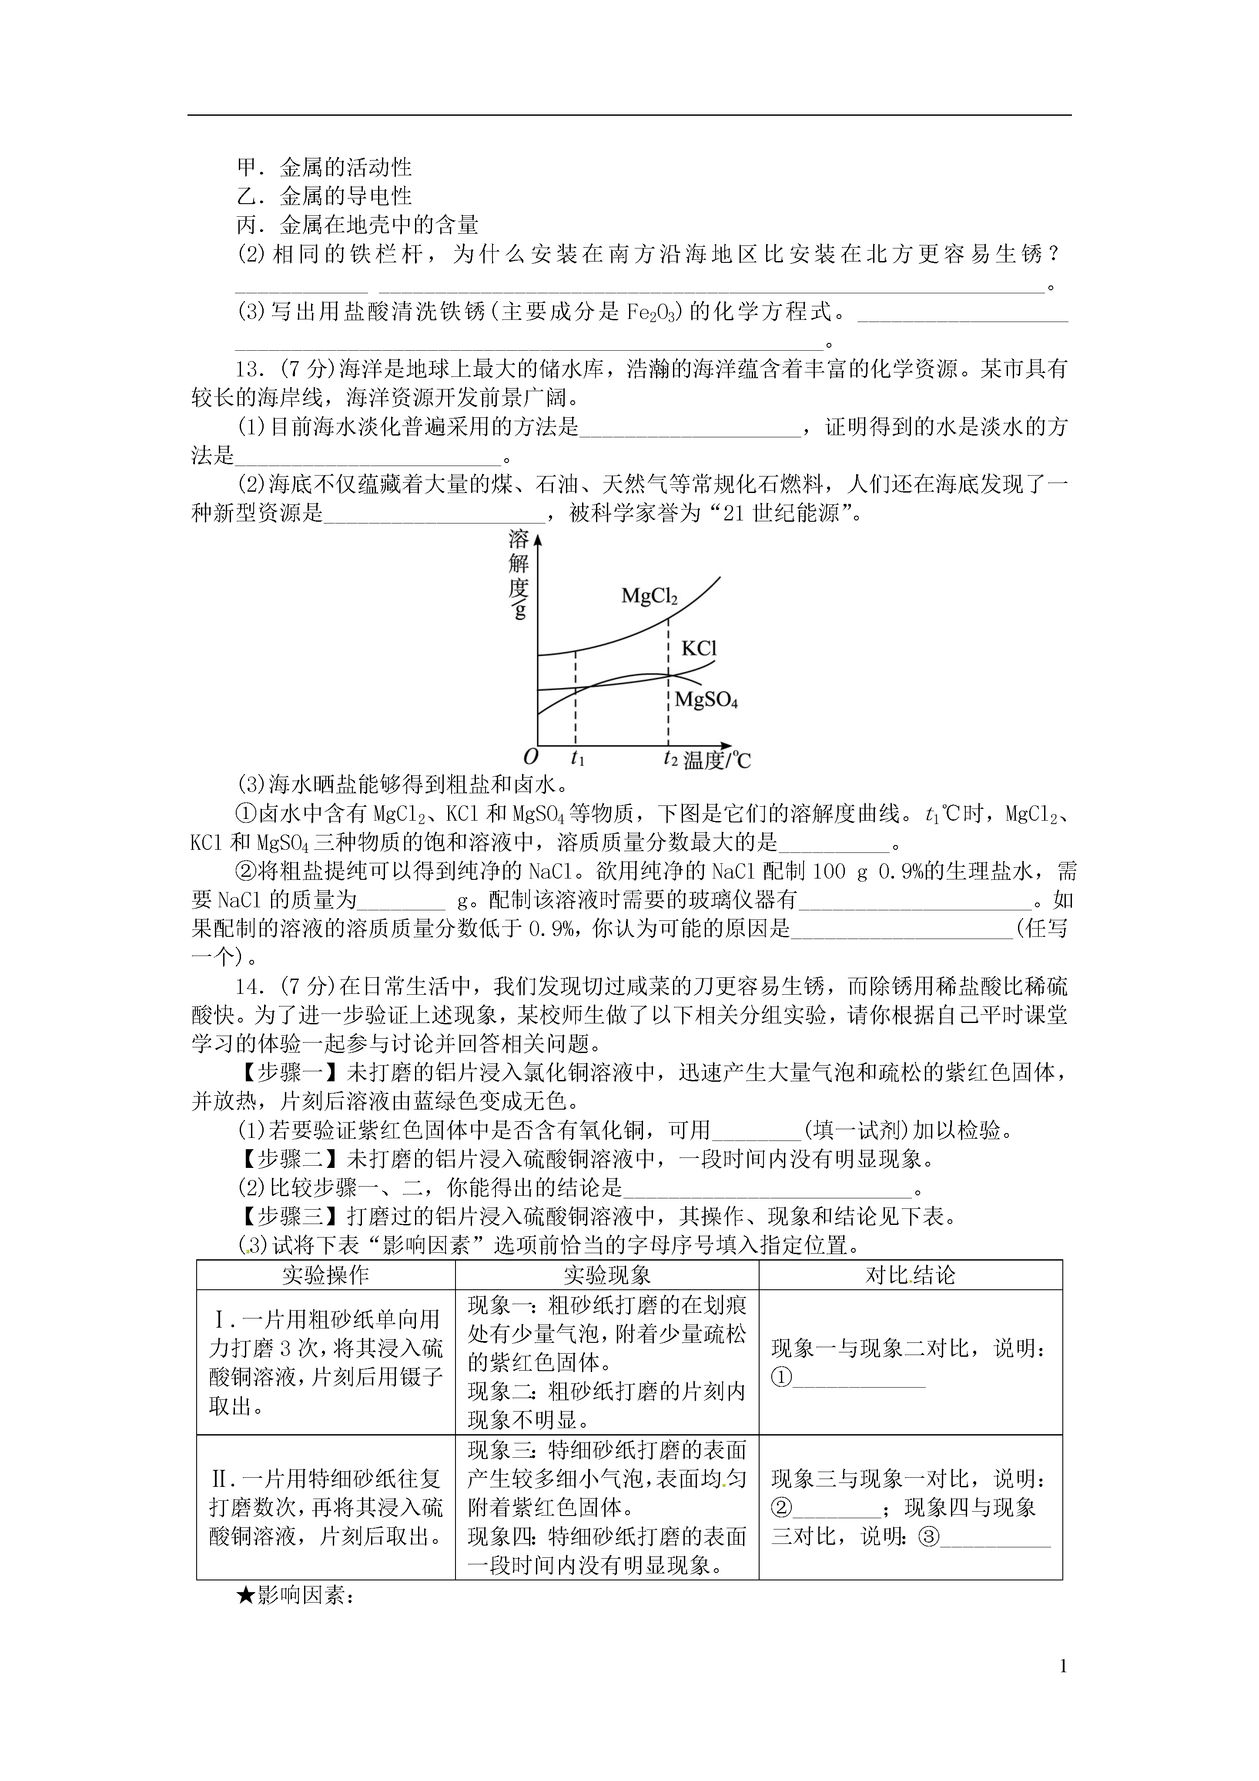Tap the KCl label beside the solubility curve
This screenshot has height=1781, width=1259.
(x=698, y=648)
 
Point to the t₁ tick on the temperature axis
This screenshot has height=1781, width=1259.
(x=577, y=758)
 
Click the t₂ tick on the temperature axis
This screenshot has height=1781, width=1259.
(x=670, y=758)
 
